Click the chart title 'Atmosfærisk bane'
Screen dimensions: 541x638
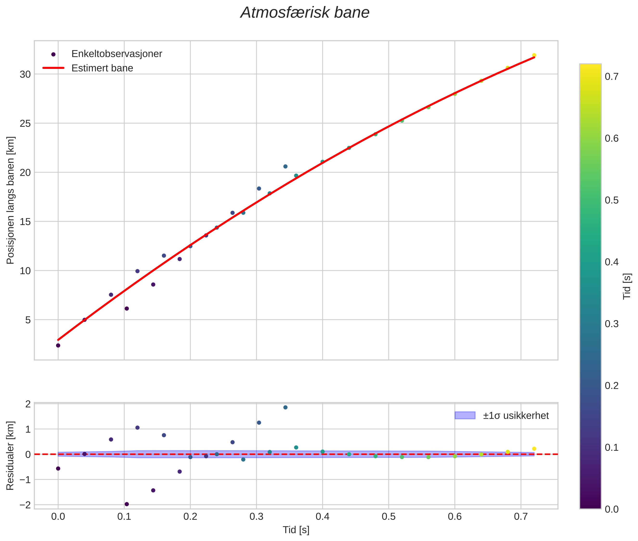pos(305,13)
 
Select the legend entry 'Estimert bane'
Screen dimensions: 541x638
pos(102,68)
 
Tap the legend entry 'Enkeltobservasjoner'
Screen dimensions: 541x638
pos(117,54)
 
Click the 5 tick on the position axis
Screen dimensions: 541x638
pos(28,320)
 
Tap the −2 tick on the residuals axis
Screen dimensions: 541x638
pos(25,505)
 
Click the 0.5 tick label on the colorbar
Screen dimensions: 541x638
pos(612,200)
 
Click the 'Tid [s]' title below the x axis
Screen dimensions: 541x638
pos(296,530)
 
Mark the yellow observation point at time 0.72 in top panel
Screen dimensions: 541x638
pos(534,55)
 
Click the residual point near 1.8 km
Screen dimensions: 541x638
pos(285,407)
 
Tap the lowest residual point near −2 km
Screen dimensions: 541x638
pos(127,504)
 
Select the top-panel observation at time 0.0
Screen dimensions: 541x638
pos(58,345)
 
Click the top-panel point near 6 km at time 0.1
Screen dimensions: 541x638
pos(127,309)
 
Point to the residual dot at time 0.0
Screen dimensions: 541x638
pos(58,468)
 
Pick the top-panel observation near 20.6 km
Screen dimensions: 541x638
pos(285,166)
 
